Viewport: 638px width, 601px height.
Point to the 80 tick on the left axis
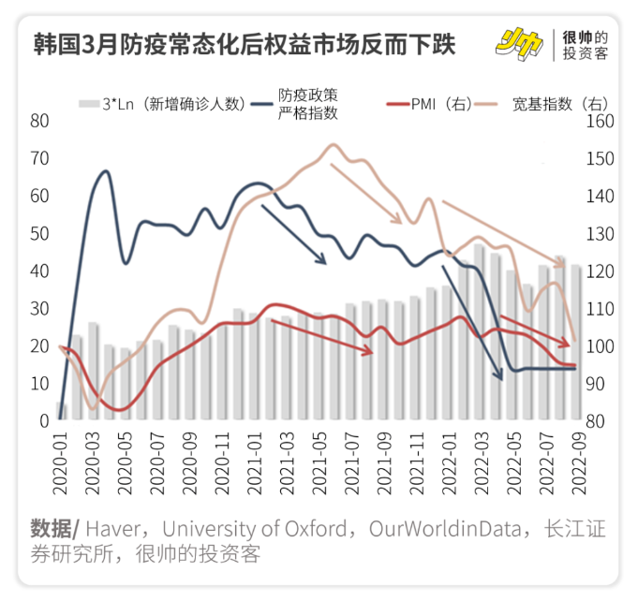point(38,121)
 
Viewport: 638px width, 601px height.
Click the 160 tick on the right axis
point(600,122)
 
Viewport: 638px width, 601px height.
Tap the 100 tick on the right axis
point(600,346)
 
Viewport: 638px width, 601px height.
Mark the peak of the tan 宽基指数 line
point(333,145)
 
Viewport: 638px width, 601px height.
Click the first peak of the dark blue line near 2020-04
point(105,171)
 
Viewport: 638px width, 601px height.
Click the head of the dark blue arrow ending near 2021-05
point(325,264)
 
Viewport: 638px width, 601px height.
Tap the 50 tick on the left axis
point(38,233)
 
